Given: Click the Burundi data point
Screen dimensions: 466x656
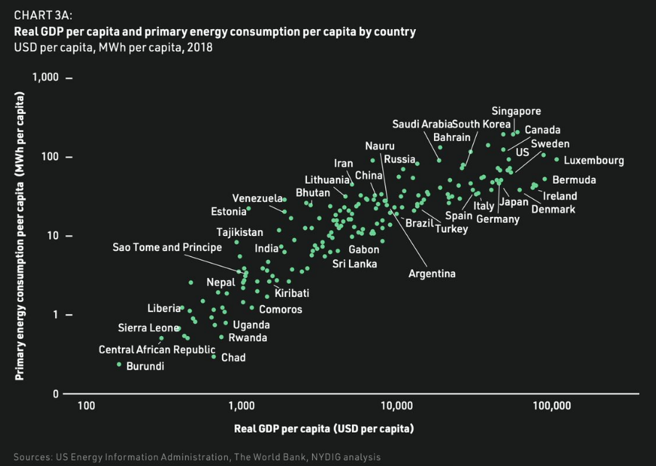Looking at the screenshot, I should click(119, 364).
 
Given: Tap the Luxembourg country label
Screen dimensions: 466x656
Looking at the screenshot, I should click(593, 161).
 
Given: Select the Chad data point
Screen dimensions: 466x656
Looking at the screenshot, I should click(214, 356).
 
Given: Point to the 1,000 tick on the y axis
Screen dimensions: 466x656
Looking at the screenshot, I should click(48, 78).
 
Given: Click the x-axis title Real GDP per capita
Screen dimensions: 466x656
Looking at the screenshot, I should click(324, 428).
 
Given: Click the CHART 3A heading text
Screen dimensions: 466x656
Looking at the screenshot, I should click(43, 15).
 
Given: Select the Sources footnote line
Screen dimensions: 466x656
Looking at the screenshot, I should click(196, 457).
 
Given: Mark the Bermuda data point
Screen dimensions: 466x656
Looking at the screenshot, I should click(545, 179).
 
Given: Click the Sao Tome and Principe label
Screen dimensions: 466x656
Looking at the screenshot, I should click(167, 248).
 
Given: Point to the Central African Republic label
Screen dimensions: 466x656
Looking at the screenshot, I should click(157, 350).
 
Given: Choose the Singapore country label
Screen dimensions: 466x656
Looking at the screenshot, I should click(516, 111).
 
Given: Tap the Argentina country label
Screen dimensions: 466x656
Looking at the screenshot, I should click(432, 274).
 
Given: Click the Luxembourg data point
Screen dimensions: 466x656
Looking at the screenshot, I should click(557, 160).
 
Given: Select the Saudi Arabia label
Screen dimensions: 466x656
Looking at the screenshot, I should click(422, 123).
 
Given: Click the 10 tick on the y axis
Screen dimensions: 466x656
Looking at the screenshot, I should click(54, 236).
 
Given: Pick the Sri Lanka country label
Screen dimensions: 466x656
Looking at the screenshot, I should click(354, 263).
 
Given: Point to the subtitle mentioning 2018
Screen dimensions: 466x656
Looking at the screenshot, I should click(113, 47).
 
